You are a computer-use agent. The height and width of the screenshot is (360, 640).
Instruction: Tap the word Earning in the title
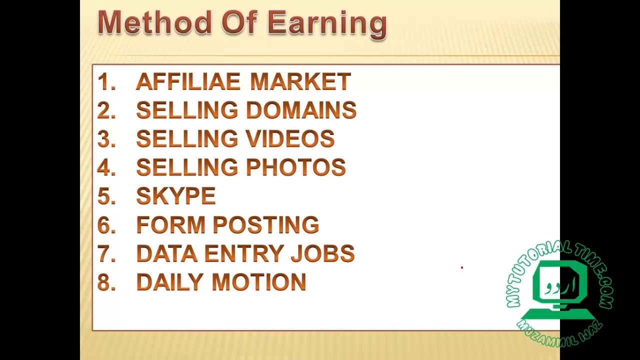pos(327,24)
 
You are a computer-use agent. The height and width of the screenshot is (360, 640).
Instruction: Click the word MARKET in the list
pos(300,82)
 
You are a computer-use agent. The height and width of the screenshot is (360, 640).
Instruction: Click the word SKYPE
pos(175,196)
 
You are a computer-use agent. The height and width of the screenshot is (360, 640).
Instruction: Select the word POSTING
pos(266,225)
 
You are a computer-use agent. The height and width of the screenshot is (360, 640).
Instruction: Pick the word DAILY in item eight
pos(170,282)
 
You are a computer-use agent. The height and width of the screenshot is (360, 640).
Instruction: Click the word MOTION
pos(259,282)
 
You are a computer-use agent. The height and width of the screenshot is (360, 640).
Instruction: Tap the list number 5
pos(105,196)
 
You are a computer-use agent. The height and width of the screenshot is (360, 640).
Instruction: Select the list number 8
pos(105,282)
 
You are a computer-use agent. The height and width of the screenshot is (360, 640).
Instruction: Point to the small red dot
pos(462,267)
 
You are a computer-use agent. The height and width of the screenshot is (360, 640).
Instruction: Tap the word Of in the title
pos(239,23)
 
